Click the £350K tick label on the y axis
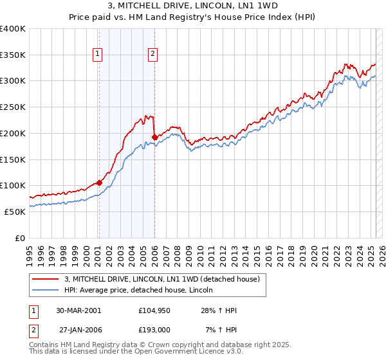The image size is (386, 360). coord(13,55)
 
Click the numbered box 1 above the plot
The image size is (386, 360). coord(97,55)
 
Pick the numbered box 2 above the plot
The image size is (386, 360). coord(152,55)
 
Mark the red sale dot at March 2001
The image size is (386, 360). coord(100,183)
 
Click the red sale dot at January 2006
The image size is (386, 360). coord(155,137)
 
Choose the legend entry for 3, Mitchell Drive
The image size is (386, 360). coord(161,279)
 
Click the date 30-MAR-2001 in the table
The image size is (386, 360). coord(78,310)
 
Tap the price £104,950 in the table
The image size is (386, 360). coord(153,310)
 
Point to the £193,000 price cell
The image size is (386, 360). coord(153,329)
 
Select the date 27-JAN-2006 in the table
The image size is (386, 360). coord(78,329)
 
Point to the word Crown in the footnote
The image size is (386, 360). coord(156,345)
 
